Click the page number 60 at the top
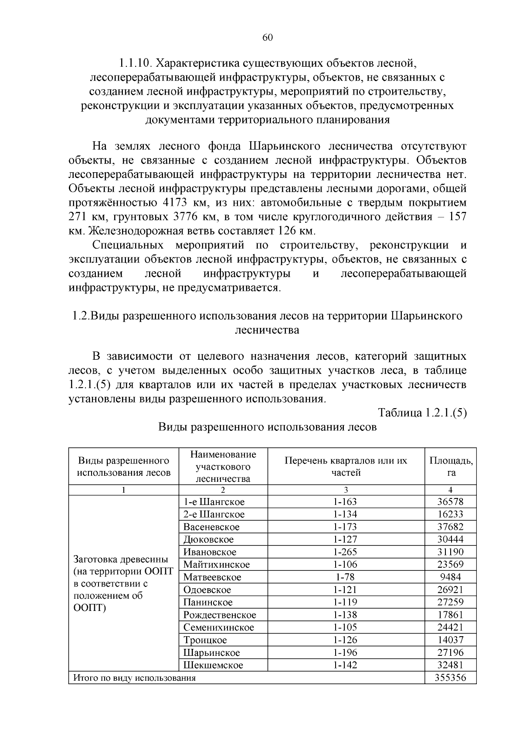coord(268,38)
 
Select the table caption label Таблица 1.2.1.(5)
coord(422,413)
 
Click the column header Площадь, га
coord(451,466)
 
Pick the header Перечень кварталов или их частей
coord(346,466)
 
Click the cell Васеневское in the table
coord(211,527)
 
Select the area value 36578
coord(450,502)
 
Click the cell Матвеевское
coord(212,577)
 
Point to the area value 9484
coord(450,577)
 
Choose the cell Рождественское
coord(220,615)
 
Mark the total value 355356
coord(450,678)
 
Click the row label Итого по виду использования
coord(134,678)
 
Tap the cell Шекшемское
coord(213,665)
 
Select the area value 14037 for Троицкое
coord(450,640)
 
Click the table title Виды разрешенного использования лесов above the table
coord(267,427)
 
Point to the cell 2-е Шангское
coord(214,515)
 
